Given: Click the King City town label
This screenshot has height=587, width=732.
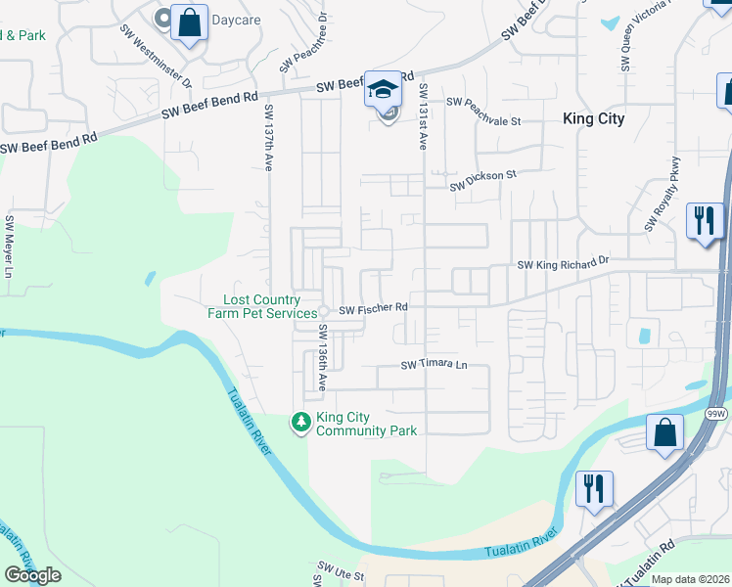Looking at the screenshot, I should point(593,118).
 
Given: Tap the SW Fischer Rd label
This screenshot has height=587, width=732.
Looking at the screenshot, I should point(373,309).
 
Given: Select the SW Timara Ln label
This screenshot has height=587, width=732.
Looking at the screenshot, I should point(435,365).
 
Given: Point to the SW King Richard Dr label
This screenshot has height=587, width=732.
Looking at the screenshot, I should point(563,263).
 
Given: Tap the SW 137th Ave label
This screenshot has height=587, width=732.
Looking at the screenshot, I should point(267,138).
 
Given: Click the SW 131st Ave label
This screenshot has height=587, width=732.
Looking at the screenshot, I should point(423,115).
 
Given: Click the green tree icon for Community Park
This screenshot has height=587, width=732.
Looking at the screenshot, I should point(301,423).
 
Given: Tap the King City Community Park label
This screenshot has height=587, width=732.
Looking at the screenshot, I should point(366,424).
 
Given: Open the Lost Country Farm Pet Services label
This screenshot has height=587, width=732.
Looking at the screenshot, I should point(261,306).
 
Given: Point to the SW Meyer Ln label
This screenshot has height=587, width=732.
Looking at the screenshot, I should point(9,246).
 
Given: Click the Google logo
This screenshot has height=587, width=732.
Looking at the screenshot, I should point(32,575).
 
